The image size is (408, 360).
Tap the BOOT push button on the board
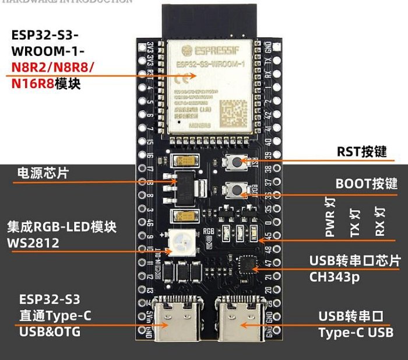point(235,189)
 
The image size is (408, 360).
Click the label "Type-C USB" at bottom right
point(356,333)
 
